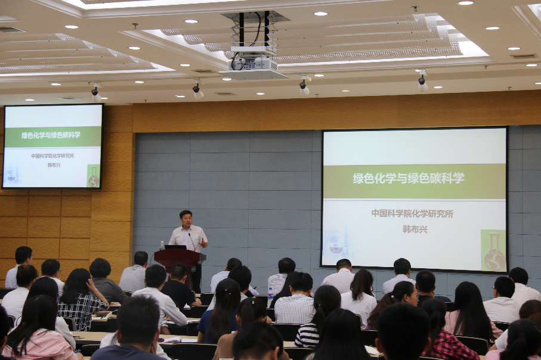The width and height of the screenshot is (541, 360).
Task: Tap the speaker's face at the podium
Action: tap(186, 219)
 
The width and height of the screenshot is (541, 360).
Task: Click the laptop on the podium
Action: tap(175, 247)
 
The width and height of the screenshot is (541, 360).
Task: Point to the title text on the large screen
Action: tap(409, 178)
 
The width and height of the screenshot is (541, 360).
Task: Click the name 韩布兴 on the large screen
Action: tap(415, 229)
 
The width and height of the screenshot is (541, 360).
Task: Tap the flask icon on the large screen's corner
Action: tap(493, 251)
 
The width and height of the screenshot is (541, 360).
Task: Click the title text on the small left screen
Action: tap(51, 135)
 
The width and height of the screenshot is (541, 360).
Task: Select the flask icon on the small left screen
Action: tap(93, 176)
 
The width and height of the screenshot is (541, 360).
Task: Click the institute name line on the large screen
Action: tap(412, 213)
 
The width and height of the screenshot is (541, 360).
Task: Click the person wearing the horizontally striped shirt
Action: tap(315, 316)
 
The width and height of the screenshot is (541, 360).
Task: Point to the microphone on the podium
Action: tap(192, 242)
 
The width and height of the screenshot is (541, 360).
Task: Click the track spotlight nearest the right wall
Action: tap(423, 83)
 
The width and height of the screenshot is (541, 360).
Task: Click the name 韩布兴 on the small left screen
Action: tap(54, 165)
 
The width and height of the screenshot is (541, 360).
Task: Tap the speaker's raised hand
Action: tap(203, 242)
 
